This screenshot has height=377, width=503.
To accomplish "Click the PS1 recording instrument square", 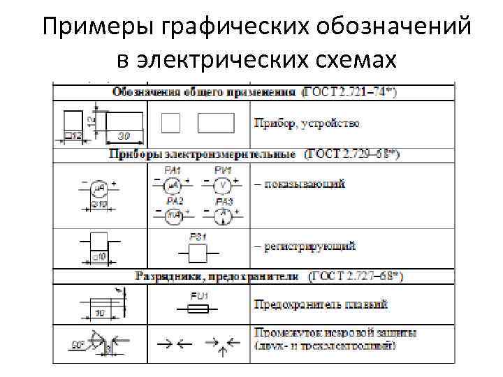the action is tap(198, 252).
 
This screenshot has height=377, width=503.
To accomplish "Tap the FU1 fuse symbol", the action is tap(198, 308).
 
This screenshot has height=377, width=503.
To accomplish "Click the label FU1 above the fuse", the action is tap(198, 296).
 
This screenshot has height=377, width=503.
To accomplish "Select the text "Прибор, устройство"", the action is tap(307, 124).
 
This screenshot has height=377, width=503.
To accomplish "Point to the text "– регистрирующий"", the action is tap(304, 246).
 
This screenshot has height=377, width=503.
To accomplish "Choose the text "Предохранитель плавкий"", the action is tap(321, 304).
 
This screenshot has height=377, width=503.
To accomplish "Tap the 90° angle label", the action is tap(78, 344).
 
